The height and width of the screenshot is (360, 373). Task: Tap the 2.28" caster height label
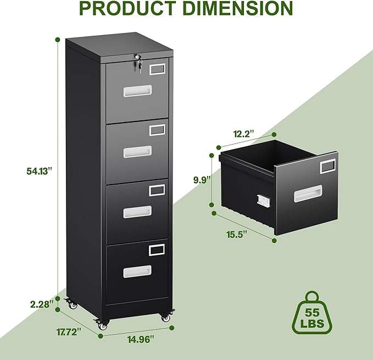tap(42, 302)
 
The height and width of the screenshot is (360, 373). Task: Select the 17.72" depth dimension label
tap(68, 331)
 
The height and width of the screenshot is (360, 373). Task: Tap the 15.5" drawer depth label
tap(237, 234)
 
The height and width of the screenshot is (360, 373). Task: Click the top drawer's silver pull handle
tap(137, 92)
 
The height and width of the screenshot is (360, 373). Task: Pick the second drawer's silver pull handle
tap(137, 152)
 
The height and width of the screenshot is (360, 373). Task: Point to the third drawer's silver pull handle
tap(137, 211)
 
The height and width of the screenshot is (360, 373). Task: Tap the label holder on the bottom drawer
tap(157, 250)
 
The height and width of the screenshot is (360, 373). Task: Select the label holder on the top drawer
tap(157, 69)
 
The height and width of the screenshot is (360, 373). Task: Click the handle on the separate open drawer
tap(309, 192)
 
